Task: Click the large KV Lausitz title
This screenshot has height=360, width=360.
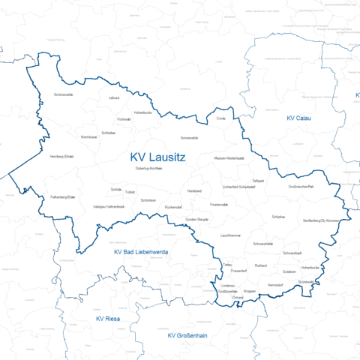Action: click(x=157, y=157)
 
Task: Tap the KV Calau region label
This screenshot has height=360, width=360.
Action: click(x=298, y=118)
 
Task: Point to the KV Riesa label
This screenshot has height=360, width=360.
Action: click(x=108, y=319)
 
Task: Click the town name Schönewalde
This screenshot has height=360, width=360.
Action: click(x=64, y=95)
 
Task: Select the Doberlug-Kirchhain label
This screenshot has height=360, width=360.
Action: click(x=148, y=169)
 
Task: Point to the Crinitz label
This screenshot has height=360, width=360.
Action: click(x=220, y=118)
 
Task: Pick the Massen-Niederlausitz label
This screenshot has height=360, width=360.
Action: click(x=229, y=158)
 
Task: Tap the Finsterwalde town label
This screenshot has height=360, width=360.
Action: click(x=219, y=204)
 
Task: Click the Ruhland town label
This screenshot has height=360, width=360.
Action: click(x=261, y=265)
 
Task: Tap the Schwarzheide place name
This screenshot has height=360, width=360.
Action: click(x=268, y=244)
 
